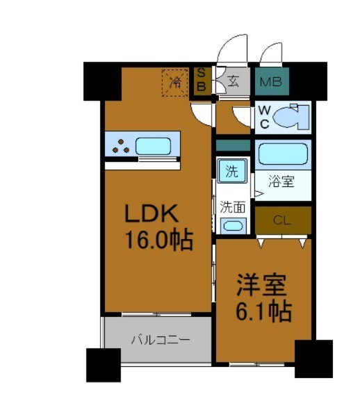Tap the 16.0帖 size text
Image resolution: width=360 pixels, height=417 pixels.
159,241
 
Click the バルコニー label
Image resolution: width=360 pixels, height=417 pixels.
161,340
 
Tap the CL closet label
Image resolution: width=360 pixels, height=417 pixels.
281,221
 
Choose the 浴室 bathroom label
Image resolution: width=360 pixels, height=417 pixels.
282,182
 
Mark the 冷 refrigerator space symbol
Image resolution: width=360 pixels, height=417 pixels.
175,82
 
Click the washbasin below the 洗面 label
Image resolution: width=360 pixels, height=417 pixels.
231,225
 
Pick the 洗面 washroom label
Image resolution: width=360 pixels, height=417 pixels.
232,206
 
